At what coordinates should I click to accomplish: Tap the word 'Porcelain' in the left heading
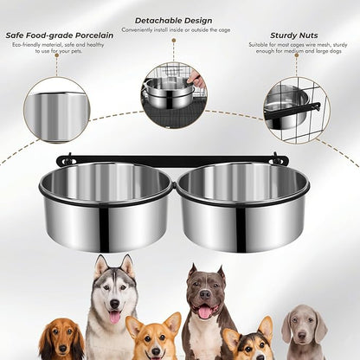tap(87, 35)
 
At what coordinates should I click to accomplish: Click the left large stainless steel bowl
tap(106, 206)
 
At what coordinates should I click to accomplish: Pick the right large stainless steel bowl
tap(242, 206)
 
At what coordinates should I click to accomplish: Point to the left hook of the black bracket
tap(64, 160)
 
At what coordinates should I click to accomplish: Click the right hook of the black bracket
tap(278, 159)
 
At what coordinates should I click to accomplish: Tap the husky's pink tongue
tap(114, 318)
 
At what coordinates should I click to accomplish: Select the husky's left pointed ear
tap(100, 264)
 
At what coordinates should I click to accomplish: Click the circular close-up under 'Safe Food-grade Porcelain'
tap(56, 110)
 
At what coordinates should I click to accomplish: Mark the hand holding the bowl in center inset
tap(197, 81)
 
